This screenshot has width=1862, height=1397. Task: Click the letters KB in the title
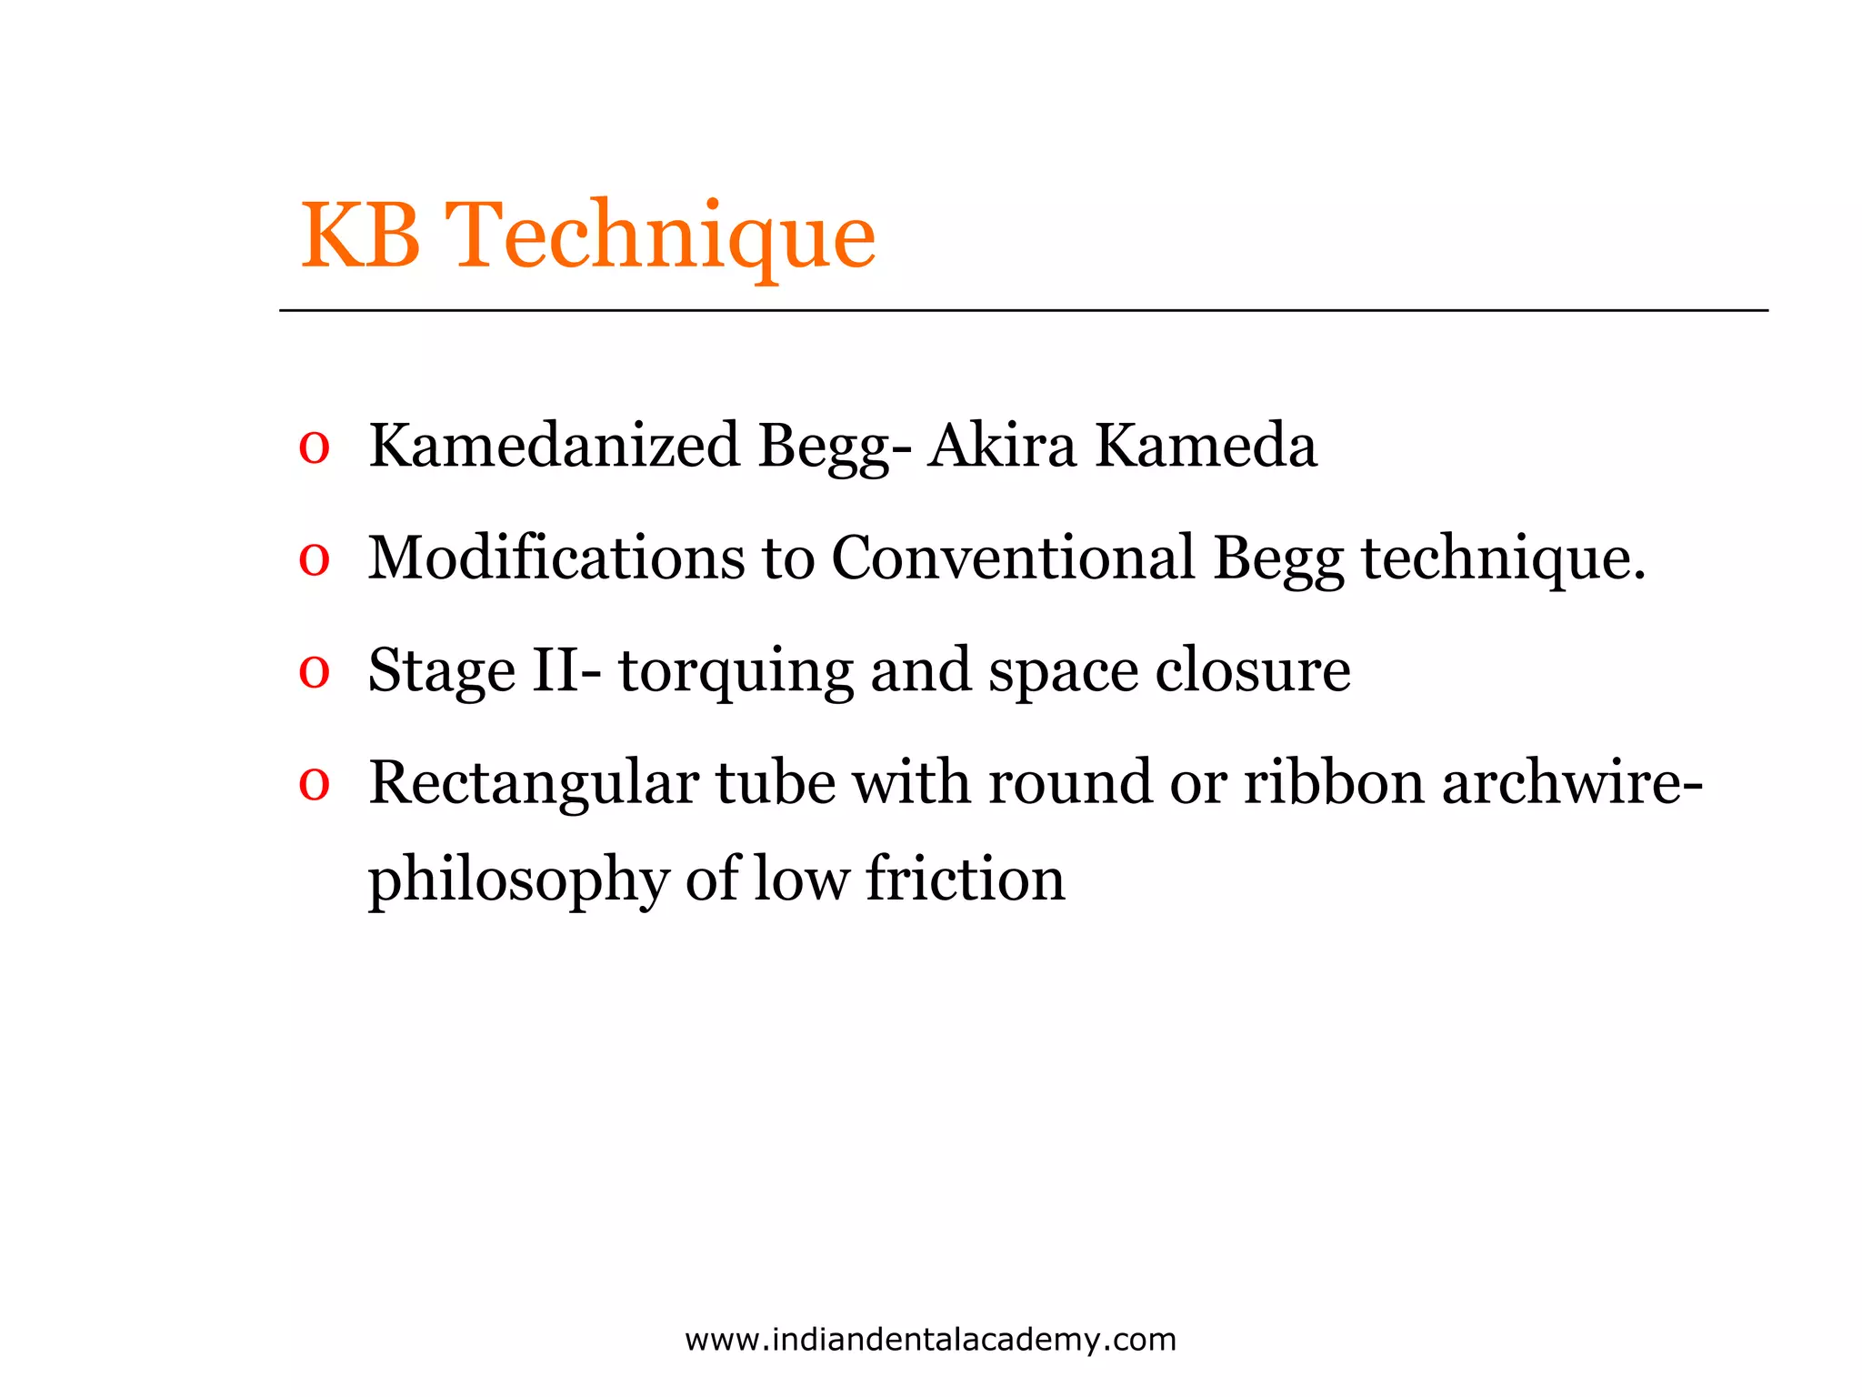[361, 236]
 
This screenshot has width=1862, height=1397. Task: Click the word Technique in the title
[664, 238]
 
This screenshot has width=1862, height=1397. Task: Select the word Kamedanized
[554, 447]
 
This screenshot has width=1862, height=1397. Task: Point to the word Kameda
[1206, 447]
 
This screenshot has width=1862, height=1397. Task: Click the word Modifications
[556, 558]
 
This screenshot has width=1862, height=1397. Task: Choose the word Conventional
[1013, 558]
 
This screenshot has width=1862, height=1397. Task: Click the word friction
[965, 879]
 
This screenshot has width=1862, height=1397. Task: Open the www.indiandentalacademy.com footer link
[930, 1340]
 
